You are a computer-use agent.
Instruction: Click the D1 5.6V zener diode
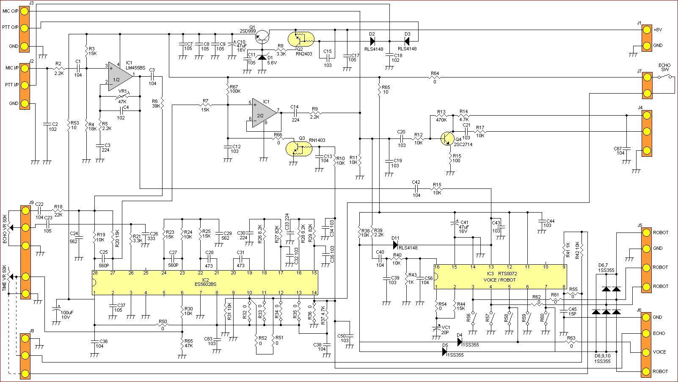[x=262, y=57]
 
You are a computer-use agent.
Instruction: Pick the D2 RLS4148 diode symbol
[x=372, y=41]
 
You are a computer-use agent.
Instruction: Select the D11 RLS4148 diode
[x=395, y=245]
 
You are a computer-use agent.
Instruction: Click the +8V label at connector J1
[x=658, y=30]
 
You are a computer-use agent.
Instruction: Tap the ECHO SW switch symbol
[x=665, y=77]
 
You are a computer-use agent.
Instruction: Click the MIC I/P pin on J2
[x=24, y=68]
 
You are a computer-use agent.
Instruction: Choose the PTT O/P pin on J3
[x=24, y=28]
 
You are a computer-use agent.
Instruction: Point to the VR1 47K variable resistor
[x=122, y=97]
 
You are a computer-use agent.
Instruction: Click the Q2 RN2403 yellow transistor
[x=301, y=39]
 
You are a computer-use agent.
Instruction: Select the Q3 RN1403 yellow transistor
[x=299, y=149]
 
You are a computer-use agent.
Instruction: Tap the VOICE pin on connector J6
[x=646, y=352]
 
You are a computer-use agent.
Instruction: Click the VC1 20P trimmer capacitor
[x=436, y=329]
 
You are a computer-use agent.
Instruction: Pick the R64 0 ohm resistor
[x=435, y=78]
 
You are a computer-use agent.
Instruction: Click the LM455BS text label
[x=136, y=68]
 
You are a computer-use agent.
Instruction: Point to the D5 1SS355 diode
[x=445, y=351]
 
